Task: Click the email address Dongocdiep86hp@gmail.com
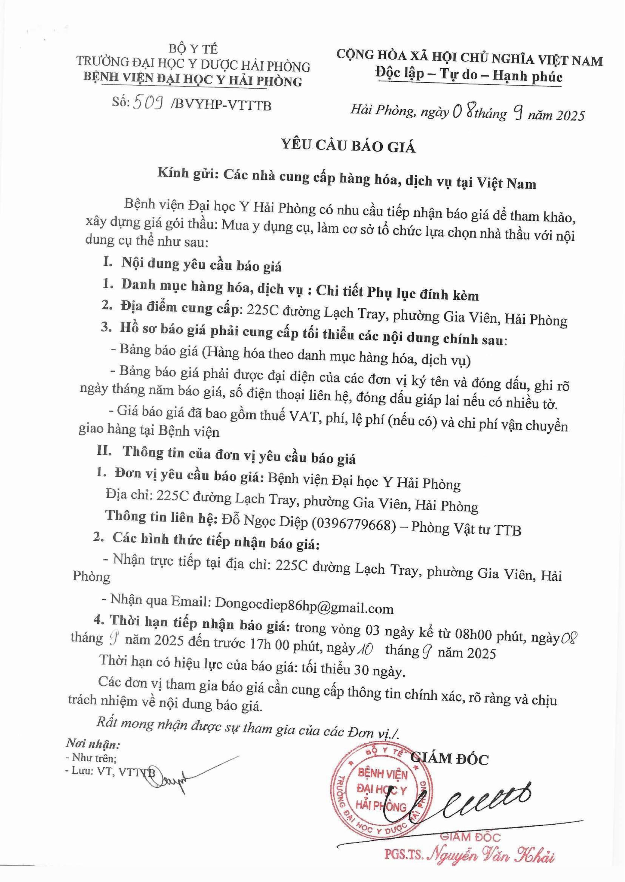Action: click(304, 608)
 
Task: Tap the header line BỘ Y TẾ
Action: click(193, 50)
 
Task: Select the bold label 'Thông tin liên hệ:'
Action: click(162, 517)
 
